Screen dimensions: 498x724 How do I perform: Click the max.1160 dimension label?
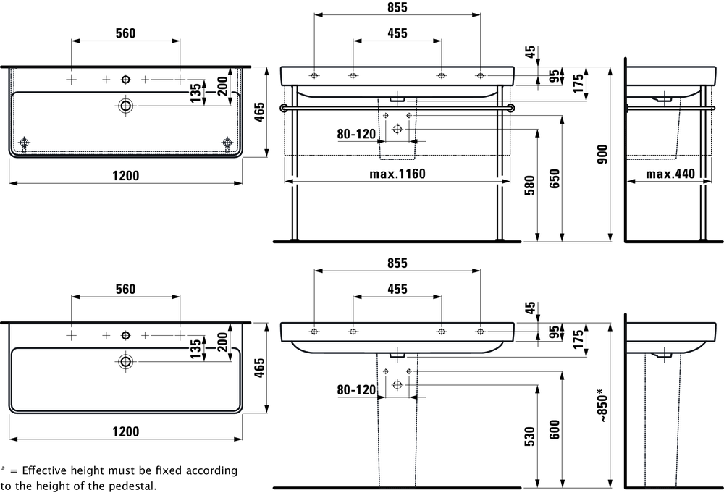(397, 174)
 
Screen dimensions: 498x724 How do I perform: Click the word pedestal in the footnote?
(132, 486)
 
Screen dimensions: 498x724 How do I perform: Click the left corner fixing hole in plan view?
(25, 142)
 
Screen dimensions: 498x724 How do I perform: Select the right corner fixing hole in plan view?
(228, 142)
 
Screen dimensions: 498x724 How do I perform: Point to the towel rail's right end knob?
(511, 109)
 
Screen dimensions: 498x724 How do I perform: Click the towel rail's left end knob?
(283, 109)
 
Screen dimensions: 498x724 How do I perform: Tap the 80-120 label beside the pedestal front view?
(357, 390)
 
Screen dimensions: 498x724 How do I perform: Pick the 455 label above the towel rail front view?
(397, 33)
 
